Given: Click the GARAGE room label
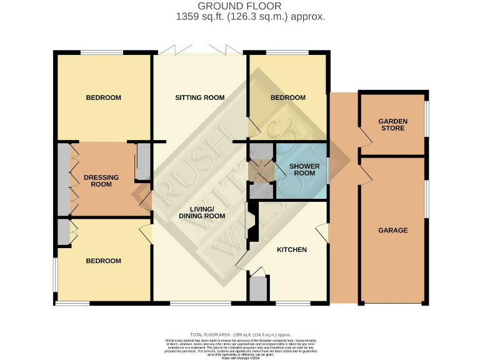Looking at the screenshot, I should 392,230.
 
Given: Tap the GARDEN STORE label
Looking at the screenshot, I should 392,124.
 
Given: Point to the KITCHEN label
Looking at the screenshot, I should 292,250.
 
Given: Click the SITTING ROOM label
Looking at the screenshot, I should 199,97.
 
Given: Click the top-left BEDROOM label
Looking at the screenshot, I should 103,97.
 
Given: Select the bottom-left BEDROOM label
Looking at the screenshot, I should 103,261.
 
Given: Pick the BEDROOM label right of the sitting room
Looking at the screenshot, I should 287,97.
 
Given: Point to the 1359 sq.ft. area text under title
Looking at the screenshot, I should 250,17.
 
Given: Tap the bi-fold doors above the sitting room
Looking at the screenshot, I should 199,49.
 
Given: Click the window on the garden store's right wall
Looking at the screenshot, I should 427,118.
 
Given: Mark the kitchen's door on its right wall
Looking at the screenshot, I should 323,234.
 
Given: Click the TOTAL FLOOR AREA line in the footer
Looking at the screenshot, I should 240,335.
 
